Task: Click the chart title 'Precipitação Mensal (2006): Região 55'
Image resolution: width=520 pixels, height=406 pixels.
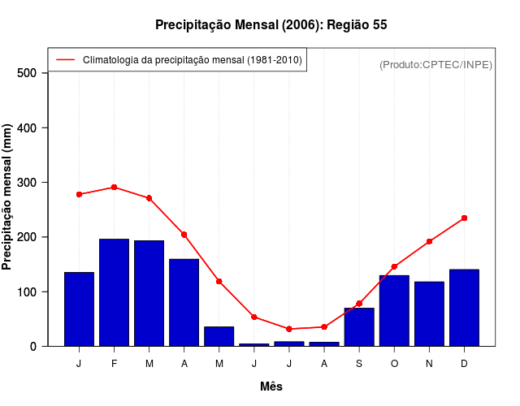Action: (271, 25)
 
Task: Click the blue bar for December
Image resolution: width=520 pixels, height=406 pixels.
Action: (464, 307)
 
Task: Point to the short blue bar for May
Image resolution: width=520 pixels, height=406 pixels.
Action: (219, 336)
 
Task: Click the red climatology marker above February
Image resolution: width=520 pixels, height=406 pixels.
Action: (114, 188)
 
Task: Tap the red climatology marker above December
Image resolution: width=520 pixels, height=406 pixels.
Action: (464, 218)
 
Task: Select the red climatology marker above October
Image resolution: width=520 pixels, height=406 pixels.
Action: (394, 266)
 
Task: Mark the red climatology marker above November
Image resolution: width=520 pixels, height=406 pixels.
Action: (429, 241)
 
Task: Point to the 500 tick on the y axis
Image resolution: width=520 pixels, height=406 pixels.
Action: (30, 73)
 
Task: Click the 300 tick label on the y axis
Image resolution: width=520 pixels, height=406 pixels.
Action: (30, 183)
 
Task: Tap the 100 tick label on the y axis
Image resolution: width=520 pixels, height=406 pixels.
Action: (30, 292)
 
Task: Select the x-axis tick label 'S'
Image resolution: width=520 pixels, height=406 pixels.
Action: (358, 364)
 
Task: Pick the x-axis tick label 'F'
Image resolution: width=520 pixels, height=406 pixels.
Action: (114, 364)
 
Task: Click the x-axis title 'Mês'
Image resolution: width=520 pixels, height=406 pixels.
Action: (271, 387)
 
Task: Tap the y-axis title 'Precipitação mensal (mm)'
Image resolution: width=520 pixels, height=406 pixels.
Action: (8, 197)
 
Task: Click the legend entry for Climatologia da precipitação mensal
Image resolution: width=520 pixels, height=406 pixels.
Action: (192, 60)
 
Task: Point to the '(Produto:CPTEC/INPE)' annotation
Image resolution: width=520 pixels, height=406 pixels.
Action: (435, 64)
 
